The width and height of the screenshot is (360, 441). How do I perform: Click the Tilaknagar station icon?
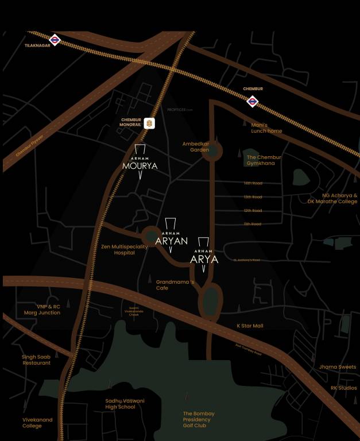coord(55,40)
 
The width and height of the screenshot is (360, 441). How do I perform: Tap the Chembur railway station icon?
coord(252,102)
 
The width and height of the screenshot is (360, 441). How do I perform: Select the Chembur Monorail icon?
coord(149,123)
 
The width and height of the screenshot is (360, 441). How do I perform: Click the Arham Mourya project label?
coord(140,164)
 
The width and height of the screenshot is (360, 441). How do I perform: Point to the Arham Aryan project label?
coord(172,238)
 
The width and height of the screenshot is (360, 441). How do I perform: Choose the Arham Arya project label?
coord(204,256)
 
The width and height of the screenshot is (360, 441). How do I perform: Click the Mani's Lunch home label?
coord(266,128)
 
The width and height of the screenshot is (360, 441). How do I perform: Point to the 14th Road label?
coord(253,183)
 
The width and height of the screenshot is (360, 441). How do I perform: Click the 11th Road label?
coord(253,224)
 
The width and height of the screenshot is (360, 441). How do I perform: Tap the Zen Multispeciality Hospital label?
coord(125,249)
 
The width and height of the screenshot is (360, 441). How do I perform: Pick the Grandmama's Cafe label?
coord(175,285)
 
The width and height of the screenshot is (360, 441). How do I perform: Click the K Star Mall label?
coord(250,326)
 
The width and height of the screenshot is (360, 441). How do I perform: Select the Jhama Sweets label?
coord(338,367)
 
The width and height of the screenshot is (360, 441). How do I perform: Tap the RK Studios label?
coord(343,388)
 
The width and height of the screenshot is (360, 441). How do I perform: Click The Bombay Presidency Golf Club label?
coord(199,420)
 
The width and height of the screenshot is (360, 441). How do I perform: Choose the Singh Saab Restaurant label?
coord(37,359)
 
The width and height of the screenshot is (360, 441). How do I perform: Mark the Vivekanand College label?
coord(37,423)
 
